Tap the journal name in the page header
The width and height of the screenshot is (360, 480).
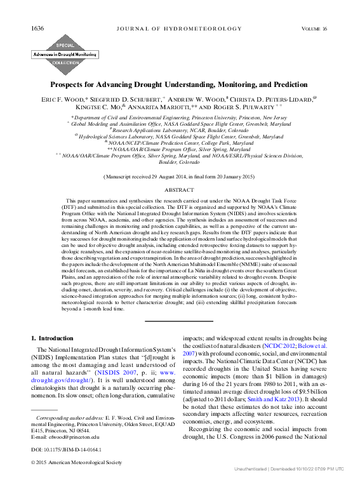[x=179, y=11]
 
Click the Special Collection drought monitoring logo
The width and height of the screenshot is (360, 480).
[x=61, y=53]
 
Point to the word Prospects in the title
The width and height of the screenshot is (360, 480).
[x=72, y=84]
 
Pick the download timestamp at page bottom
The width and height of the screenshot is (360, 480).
[x=305, y=476]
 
